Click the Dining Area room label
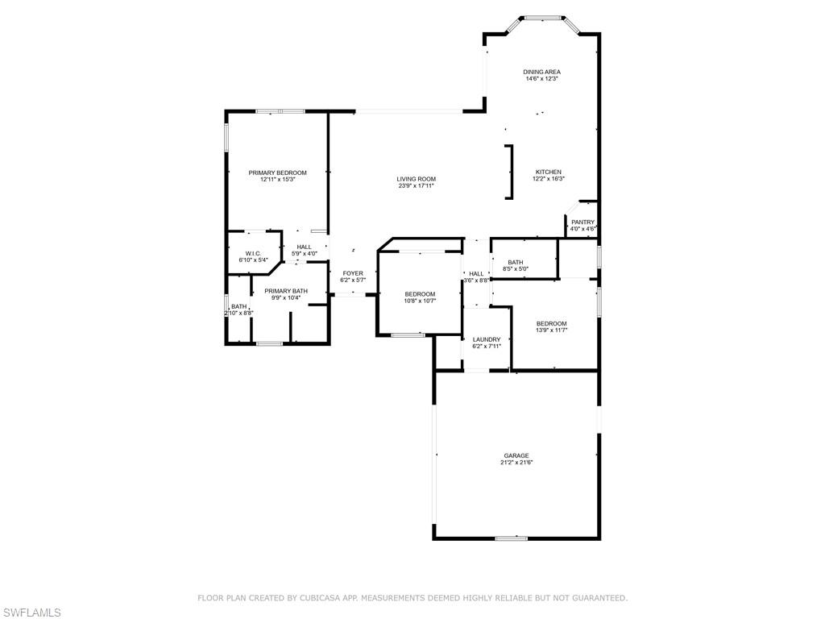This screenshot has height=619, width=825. coord(541,72)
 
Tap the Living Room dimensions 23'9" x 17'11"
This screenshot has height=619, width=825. coord(417,186)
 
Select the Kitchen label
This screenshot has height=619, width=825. coord(548,172)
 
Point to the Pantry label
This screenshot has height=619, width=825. coord(583,222)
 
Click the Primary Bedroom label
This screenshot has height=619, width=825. coord(277,172)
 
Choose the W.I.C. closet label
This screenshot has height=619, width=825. coord(253,254)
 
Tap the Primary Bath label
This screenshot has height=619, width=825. coord(286,291)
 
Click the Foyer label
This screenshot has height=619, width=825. coord(353,274)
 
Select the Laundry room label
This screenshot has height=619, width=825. coord(487,340)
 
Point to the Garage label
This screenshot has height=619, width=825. coord(516,456)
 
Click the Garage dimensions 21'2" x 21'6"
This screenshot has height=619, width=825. coord(516,463)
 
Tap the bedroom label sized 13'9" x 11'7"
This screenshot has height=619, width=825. coord(551,324)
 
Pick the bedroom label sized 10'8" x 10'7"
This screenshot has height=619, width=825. coord(420,294)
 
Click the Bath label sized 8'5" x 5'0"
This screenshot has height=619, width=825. coord(516,263)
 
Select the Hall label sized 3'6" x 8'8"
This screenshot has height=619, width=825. coord(476,274)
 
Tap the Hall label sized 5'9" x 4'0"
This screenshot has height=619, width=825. coord(304,247)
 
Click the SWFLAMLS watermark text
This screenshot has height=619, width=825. coord(31,613)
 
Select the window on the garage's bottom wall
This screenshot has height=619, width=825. coord(512,538)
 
